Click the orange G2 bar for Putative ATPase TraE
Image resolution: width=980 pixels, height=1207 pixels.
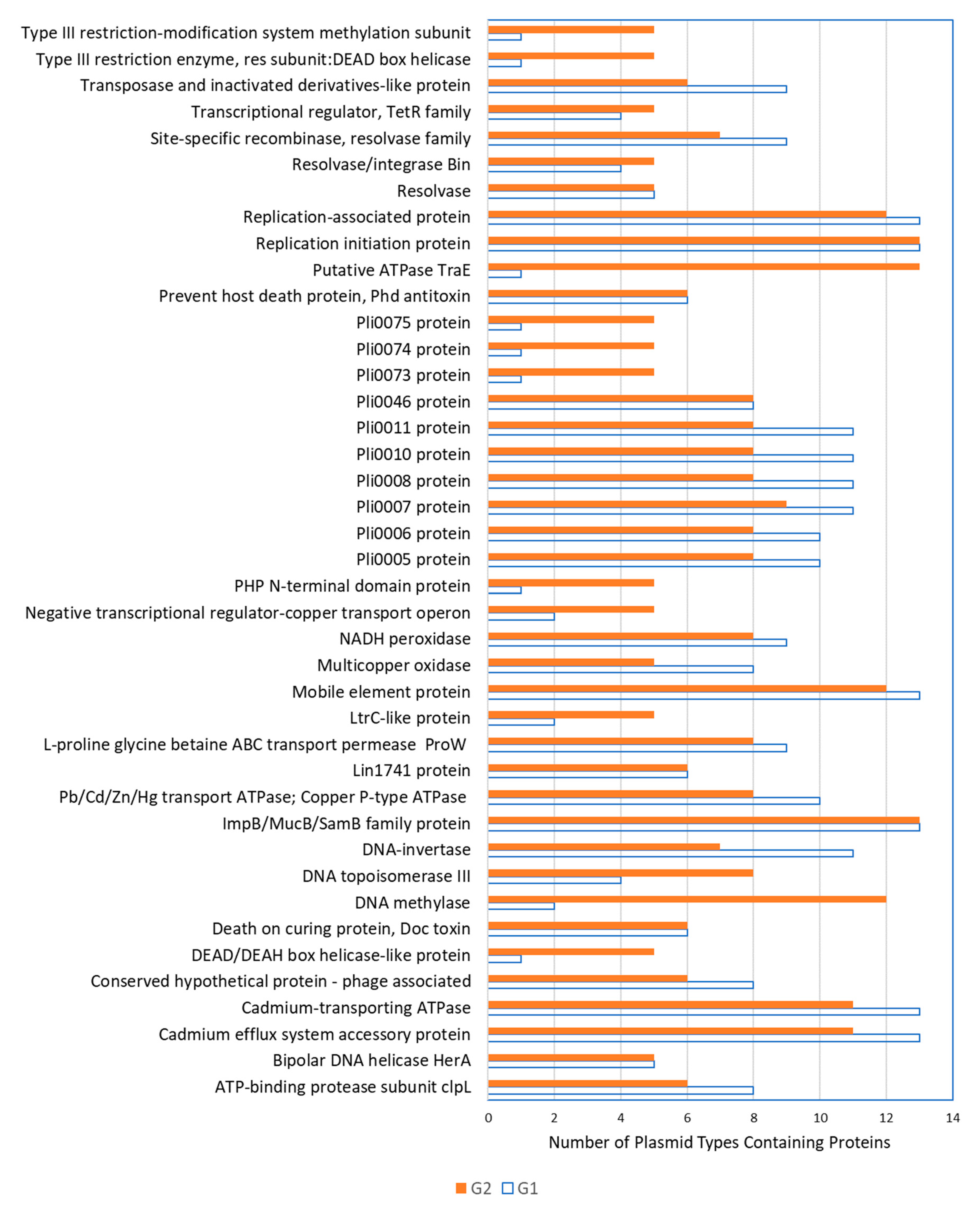[703, 266]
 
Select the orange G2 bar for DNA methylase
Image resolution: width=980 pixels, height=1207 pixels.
[687, 899]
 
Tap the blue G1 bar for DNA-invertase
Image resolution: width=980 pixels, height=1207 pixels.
[670, 853]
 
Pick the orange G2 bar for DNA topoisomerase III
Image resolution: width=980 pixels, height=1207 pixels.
[621, 873]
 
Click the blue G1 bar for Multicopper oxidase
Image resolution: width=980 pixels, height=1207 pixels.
[621, 669]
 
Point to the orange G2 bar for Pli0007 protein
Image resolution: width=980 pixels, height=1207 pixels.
[637, 503]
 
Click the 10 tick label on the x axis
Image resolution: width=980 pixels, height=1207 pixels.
[820, 1118]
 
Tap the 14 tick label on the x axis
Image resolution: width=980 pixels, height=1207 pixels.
[952, 1118]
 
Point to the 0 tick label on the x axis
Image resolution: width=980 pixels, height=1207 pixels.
[488, 1118]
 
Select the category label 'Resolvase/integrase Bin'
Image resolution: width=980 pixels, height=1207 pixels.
[381, 164]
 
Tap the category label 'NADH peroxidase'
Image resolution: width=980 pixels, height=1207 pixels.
[405, 639]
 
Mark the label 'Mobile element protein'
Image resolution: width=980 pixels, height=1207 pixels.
[381, 692]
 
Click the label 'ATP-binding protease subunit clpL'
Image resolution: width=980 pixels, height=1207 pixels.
[343, 1087]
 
